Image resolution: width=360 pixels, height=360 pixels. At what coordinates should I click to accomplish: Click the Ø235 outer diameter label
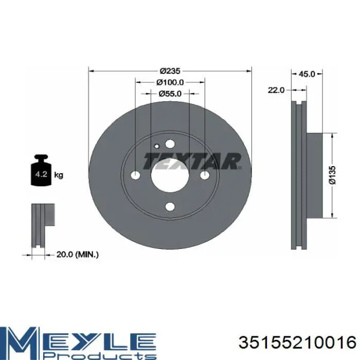[x=170, y=71]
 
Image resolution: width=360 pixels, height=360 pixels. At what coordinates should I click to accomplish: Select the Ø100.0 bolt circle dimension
[x=170, y=82]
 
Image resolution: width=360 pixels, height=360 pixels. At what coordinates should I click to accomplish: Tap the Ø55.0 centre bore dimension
[x=170, y=94]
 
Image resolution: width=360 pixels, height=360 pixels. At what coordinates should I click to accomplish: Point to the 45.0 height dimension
[x=307, y=74]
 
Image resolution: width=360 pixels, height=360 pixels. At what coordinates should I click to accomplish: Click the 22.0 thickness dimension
[x=276, y=90]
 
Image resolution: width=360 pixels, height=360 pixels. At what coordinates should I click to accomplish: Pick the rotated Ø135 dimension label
[x=332, y=175]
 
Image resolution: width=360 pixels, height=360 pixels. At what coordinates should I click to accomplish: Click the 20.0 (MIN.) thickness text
[x=77, y=255]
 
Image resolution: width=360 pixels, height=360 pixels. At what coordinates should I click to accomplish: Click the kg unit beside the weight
[x=59, y=175]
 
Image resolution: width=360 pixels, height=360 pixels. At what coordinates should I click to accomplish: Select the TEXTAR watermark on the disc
[x=192, y=161]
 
